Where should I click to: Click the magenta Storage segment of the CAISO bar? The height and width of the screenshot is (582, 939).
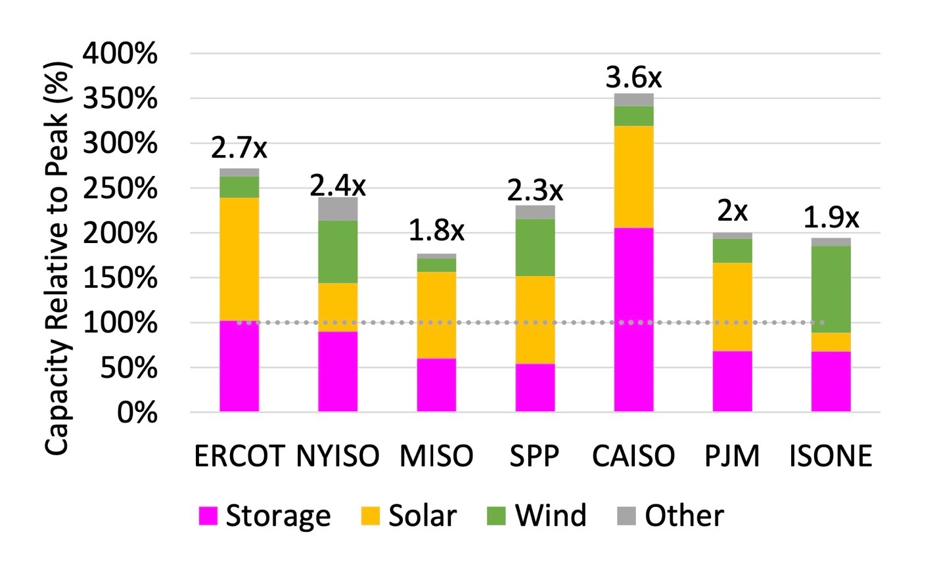[x=633, y=319]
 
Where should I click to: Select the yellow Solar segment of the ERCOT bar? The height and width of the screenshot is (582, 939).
[x=239, y=259]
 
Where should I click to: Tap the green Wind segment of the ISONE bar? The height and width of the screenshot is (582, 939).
[x=831, y=289]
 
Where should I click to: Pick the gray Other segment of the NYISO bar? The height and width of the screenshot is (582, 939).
[x=338, y=209]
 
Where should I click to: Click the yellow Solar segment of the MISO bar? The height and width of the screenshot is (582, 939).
[x=436, y=315]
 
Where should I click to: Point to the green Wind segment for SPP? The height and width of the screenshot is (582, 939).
[x=535, y=247]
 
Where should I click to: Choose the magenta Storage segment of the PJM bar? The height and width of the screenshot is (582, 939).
[x=732, y=381]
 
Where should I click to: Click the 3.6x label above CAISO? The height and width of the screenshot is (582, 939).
[x=633, y=78]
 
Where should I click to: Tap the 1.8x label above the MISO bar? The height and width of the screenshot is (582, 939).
[x=436, y=231]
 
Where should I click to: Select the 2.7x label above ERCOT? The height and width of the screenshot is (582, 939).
[x=239, y=148]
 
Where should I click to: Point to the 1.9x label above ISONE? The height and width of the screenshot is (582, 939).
[x=831, y=217]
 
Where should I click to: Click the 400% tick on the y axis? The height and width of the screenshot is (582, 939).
[x=120, y=54]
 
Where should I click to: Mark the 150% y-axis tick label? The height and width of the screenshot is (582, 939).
[x=120, y=279]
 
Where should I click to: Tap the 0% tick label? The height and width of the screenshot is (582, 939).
[x=137, y=413]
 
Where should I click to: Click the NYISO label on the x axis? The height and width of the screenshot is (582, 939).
[x=338, y=456]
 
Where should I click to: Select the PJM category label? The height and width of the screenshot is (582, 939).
[x=732, y=456]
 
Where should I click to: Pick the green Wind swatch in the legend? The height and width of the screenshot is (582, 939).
[x=496, y=516]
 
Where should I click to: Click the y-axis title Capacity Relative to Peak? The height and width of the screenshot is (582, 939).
[x=57, y=258]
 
